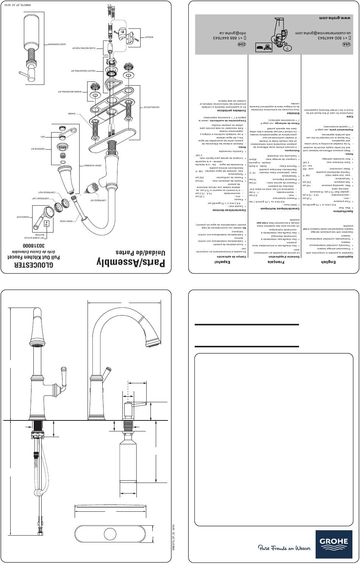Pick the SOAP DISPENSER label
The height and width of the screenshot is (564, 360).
(x=56, y=44)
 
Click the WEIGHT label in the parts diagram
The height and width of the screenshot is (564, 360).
(x=148, y=37)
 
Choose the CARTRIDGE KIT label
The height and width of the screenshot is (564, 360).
(x=98, y=200)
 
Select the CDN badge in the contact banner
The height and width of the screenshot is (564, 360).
(x=241, y=44)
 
